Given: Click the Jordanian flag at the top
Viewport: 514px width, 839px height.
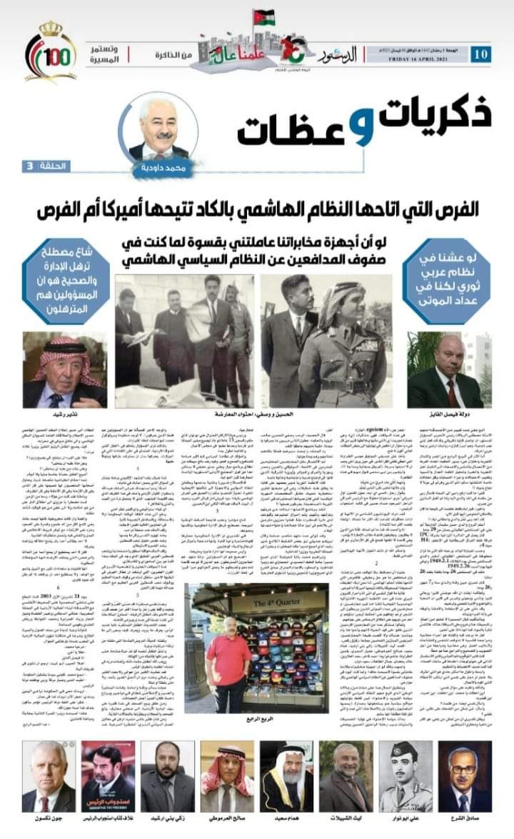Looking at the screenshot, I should coord(263,16).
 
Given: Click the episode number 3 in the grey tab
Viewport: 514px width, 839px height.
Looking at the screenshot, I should coord(30,166).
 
